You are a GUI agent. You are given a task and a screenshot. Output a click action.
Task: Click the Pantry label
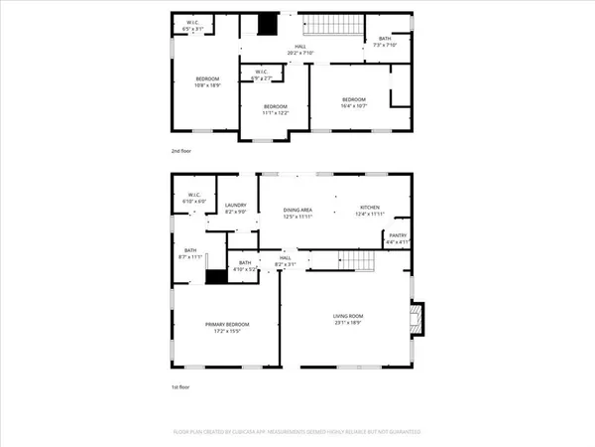point(398,238)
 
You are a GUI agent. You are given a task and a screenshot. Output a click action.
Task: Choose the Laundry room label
point(235,209)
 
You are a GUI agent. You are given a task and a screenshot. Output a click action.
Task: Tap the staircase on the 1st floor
point(351,260)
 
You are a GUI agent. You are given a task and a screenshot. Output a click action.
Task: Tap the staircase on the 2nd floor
point(332,26)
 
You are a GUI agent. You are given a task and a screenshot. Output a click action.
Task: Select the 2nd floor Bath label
point(384,42)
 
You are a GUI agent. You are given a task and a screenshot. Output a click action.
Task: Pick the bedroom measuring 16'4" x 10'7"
point(355,102)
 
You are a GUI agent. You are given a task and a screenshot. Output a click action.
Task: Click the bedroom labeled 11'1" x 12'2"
point(275,109)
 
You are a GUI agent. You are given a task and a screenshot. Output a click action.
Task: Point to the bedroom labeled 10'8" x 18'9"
point(206,82)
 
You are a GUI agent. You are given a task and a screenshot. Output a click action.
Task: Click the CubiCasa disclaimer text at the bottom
point(297,432)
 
